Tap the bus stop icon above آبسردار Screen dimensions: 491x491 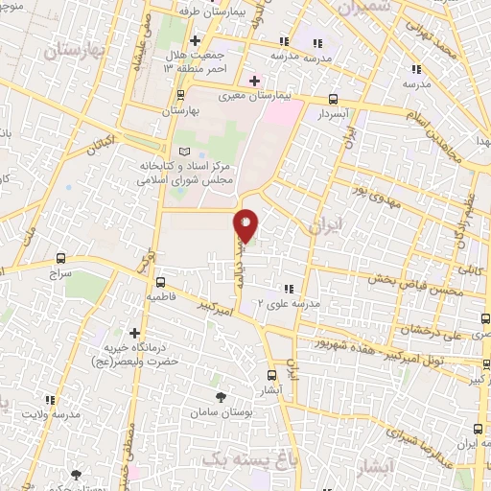pyautogui.click(x=333, y=98)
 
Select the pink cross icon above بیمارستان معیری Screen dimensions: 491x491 pyautogui.click(x=254, y=81)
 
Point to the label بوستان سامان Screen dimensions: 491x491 pyautogui.click(x=223, y=410)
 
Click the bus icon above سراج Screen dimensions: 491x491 pyautogui.click(x=61, y=258)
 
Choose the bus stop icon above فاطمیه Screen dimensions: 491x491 pyautogui.click(x=161, y=283)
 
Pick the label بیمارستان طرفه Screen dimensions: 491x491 pyautogui.click(x=222, y=12)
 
